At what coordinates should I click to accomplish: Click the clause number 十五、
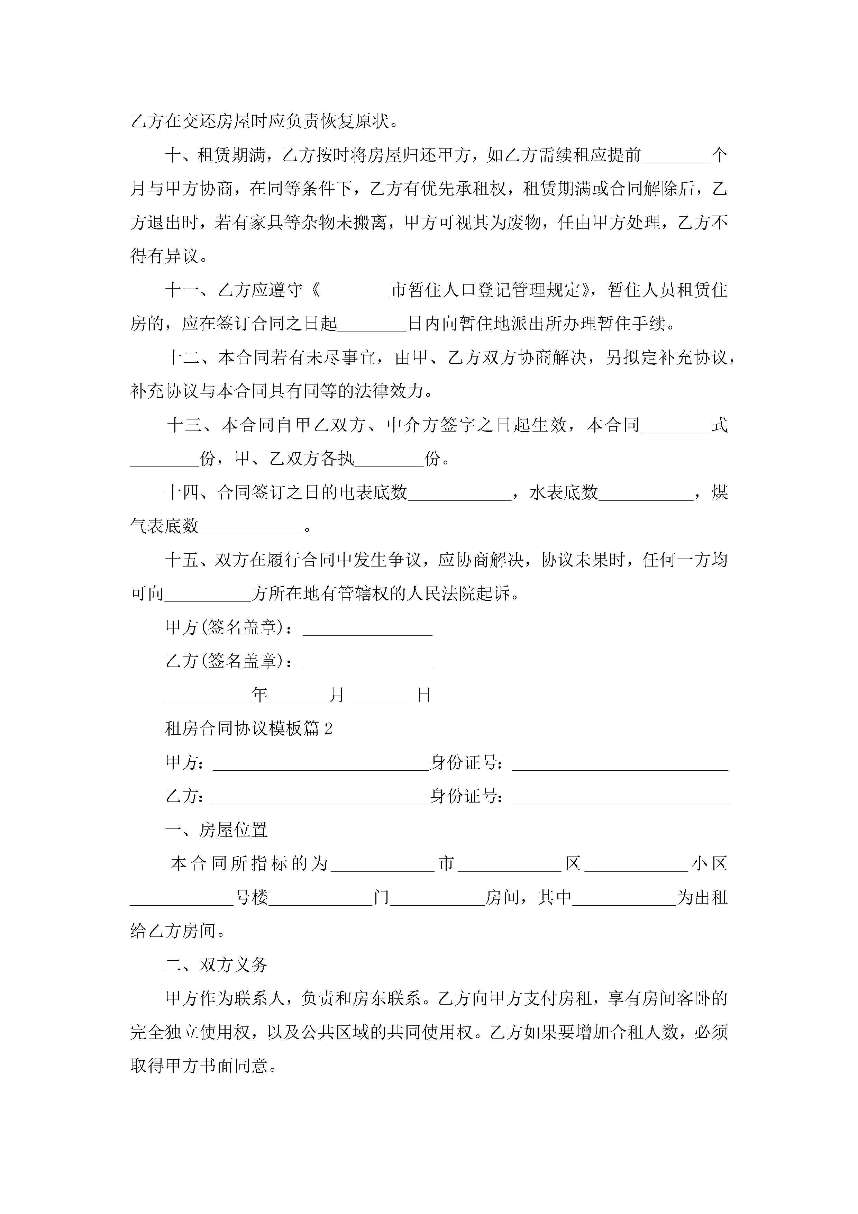[x=189, y=560]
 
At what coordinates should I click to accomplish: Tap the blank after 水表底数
[x=646, y=494]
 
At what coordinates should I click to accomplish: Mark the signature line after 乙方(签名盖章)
[x=367, y=662]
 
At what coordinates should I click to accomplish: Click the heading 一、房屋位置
[x=216, y=830]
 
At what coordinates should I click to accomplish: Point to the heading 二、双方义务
[x=216, y=965]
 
